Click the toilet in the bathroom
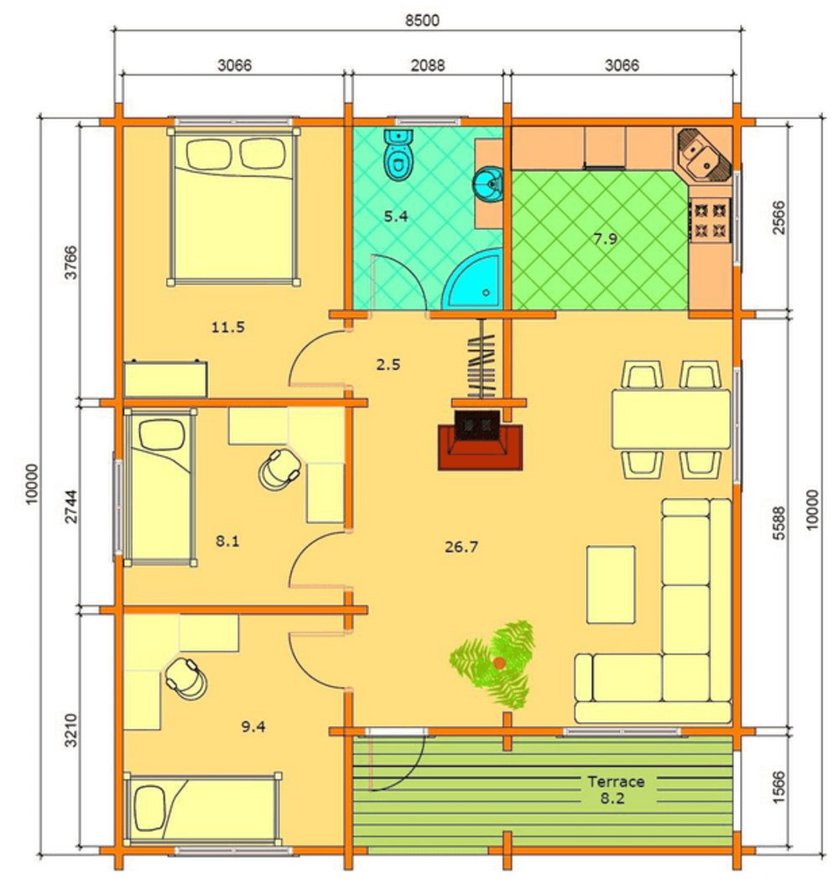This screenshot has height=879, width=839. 399,154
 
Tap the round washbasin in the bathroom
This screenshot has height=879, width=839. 488,184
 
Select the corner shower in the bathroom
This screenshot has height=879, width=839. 472,279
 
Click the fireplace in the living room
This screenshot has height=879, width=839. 480,440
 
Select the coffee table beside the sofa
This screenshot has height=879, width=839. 611,585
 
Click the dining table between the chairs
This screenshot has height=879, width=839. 670,419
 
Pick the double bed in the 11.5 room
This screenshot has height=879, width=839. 232,206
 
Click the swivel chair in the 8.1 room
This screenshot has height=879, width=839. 279,470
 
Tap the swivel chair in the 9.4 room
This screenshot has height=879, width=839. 186,678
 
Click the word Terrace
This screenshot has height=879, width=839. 616,781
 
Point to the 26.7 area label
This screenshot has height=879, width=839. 461,547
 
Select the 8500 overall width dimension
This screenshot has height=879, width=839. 422,21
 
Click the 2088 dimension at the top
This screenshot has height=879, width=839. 428,65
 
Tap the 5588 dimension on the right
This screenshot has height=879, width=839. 779,523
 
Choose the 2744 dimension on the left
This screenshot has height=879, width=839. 71,507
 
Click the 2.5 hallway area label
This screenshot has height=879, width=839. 388,364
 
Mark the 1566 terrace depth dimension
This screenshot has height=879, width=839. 779,787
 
